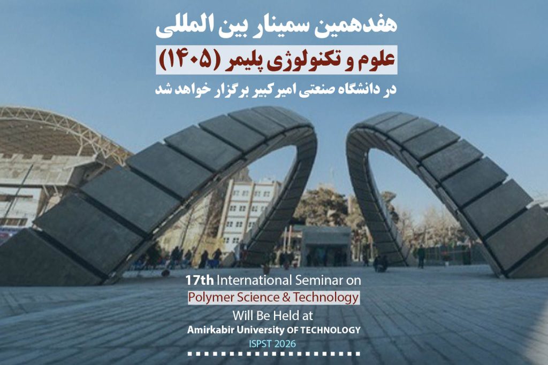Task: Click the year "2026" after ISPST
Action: point(285,344)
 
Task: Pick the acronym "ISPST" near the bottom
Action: point(260,344)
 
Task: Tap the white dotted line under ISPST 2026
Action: point(273,353)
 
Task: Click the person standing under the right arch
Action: point(421,257)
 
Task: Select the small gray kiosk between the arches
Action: point(326,246)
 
